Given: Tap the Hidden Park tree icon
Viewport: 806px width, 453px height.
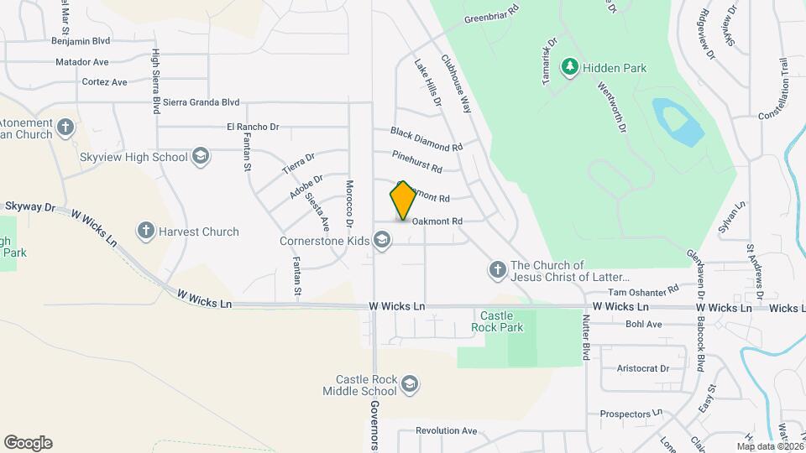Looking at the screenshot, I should tap(570, 67).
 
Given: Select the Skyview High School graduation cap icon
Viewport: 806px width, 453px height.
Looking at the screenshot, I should tap(201, 156).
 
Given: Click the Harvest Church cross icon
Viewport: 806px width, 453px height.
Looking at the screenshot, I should tap(145, 231).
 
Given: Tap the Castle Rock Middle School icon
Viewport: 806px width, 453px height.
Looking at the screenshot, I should tap(410, 384).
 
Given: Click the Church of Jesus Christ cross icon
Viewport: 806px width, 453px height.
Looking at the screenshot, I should tap(497, 269).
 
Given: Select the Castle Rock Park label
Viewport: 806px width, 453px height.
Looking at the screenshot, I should tap(497, 321).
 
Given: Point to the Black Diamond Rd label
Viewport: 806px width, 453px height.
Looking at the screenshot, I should tap(427, 139).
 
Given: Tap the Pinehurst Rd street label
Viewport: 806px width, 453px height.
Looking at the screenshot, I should tap(417, 162).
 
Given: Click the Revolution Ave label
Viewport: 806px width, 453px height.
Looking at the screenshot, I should tap(446, 431).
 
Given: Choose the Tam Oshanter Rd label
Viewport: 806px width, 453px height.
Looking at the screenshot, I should tap(643, 290).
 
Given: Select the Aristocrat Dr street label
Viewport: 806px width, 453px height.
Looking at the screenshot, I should tap(642, 368).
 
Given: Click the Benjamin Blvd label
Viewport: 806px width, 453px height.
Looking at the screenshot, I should tap(81, 40).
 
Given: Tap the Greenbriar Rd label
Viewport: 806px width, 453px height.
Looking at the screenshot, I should tap(492, 12).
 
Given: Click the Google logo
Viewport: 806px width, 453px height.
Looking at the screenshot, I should tap(28, 443).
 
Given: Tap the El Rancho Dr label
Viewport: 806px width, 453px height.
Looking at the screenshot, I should tap(252, 127).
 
